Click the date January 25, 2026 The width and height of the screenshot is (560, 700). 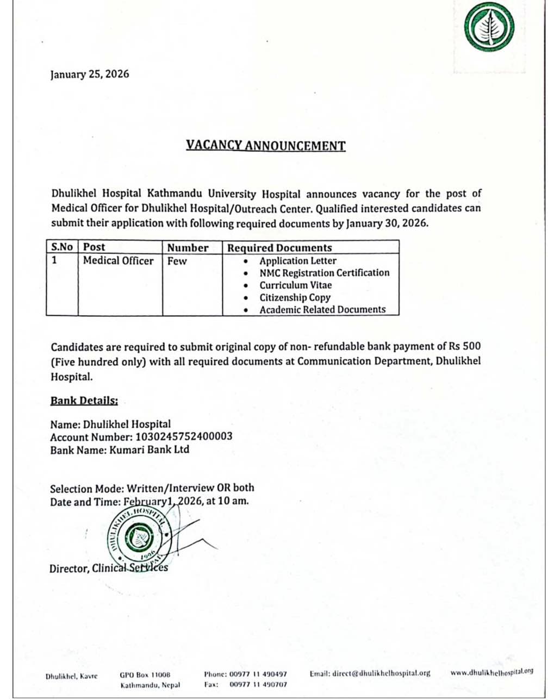(x=90, y=74)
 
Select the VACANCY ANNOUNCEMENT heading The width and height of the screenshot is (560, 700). (x=265, y=146)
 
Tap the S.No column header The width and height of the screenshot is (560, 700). (x=61, y=247)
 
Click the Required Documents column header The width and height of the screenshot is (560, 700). (x=279, y=248)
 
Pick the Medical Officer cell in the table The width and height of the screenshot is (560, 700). (x=118, y=261)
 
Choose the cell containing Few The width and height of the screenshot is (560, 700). (x=177, y=261)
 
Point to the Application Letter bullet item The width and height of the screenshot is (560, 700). (x=297, y=261)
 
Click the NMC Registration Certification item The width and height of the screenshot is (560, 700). (x=324, y=273)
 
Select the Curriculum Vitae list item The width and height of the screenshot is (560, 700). (x=295, y=285)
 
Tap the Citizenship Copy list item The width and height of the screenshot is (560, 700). (x=295, y=297)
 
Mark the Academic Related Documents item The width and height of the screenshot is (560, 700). (x=322, y=310)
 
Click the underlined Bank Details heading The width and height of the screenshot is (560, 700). (x=84, y=401)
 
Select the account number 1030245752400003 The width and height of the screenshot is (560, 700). (x=184, y=436)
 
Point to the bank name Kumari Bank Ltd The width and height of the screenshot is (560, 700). (x=149, y=449)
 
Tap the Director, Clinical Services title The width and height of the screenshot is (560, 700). (x=109, y=568)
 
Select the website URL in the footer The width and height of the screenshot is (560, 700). (x=491, y=672)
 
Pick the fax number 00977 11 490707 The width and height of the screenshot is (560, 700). (x=258, y=685)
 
